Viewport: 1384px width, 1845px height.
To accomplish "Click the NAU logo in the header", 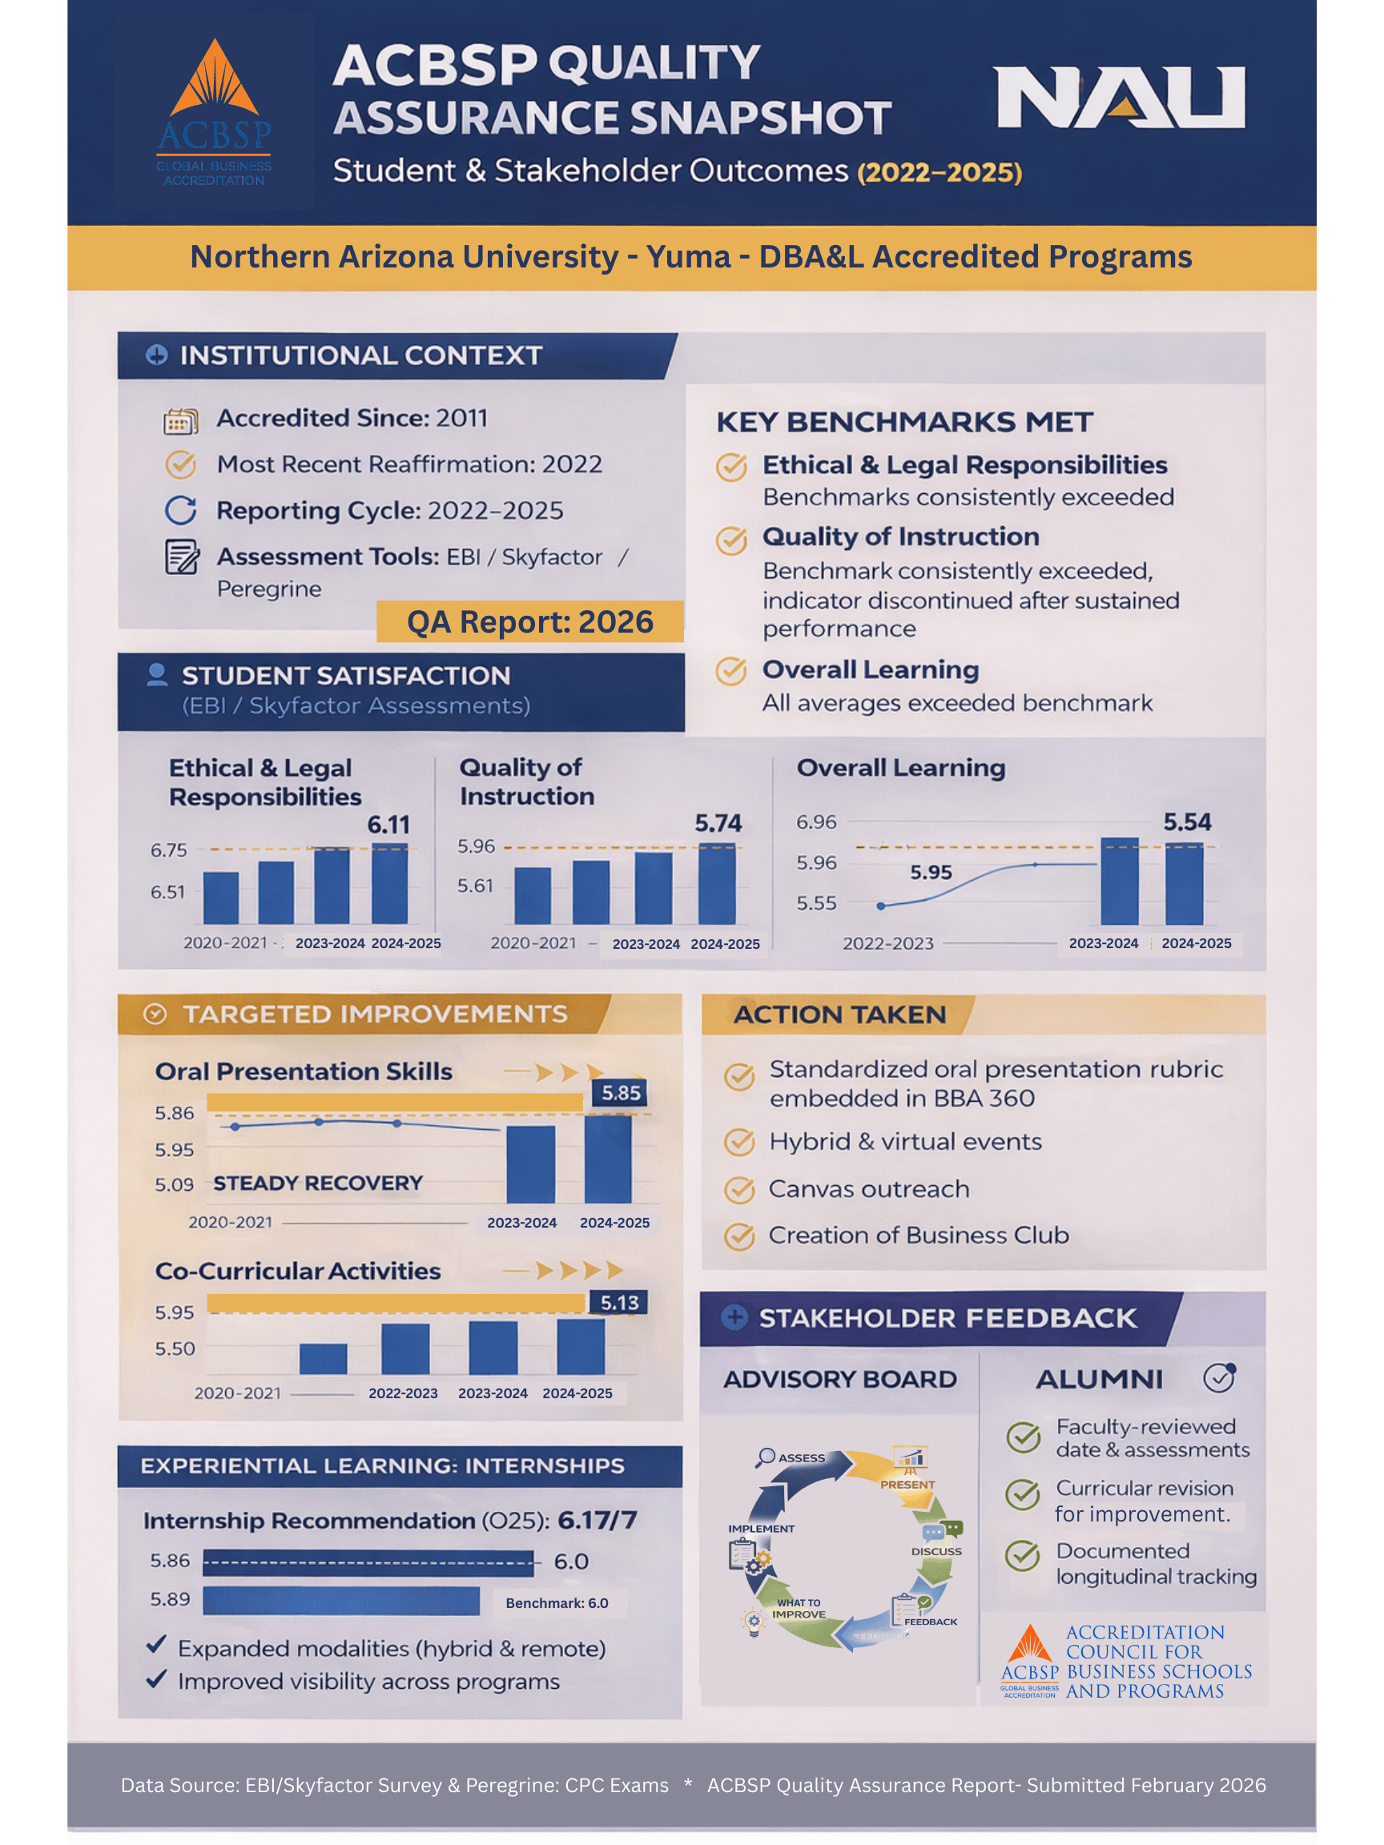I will pyautogui.click(x=1120, y=98).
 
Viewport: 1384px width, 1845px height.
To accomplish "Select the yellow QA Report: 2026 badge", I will pyautogui.click(x=529, y=622).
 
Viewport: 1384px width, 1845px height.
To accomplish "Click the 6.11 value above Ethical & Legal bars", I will pyautogui.click(x=388, y=825).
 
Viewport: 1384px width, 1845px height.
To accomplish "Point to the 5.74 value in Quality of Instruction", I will pyautogui.click(x=718, y=823).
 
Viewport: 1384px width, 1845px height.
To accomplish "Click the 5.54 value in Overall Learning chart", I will pyautogui.click(x=1187, y=822).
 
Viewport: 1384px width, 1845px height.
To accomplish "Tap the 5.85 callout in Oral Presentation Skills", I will pyautogui.click(x=621, y=1092).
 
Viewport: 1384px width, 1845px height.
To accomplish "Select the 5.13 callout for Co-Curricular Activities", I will pyautogui.click(x=619, y=1303).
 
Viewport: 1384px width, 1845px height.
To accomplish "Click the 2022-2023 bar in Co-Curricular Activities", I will pyautogui.click(x=405, y=1348).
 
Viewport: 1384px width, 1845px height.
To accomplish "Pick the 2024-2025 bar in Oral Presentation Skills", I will pyautogui.click(x=608, y=1160).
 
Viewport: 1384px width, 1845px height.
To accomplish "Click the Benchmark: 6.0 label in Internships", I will pyautogui.click(x=557, y=1603).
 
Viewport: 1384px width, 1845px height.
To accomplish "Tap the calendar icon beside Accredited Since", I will pyautogui.click(x=180, y=422).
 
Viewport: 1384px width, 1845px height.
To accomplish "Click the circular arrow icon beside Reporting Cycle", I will pyautogui.click(x=180, y=510).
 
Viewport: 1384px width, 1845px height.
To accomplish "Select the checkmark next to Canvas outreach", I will pyautogui.click(x=739, y=1189).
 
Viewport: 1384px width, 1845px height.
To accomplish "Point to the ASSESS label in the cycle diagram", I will pyautogui.click(x=801, y=1458).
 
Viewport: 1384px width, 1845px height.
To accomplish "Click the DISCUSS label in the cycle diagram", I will pyautogui.click(x=936, y=1551).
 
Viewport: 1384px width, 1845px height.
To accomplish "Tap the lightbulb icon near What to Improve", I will pyautogui.click(x=754, y=1622).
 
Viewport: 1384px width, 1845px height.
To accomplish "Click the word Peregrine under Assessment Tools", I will pyautogui.click(x=268, y=589).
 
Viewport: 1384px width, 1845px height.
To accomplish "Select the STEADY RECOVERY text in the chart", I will pyautogui.click(x=318, y=1183).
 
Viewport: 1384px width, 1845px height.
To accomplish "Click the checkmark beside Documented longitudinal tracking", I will pyautogui.click(x=1022, y=1556).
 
